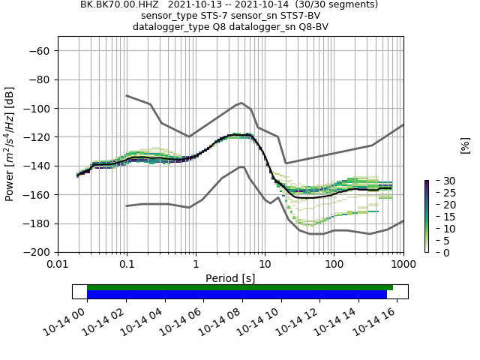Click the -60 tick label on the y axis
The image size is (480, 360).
(x=39, y=50)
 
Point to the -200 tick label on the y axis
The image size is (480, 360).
(x=36, y=252)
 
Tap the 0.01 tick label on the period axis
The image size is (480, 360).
(x=58, y=265)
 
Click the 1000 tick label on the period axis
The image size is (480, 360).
(x=403, y=265)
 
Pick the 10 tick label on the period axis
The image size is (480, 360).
(x=265, y=265)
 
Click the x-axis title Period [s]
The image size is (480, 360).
(x=230, y=278)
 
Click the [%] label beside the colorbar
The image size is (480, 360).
(x=465, y=145)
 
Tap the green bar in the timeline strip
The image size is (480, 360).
(x=240, y=287)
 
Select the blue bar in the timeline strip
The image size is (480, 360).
(x=237, y=295)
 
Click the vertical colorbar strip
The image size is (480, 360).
(x=426, y=216)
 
